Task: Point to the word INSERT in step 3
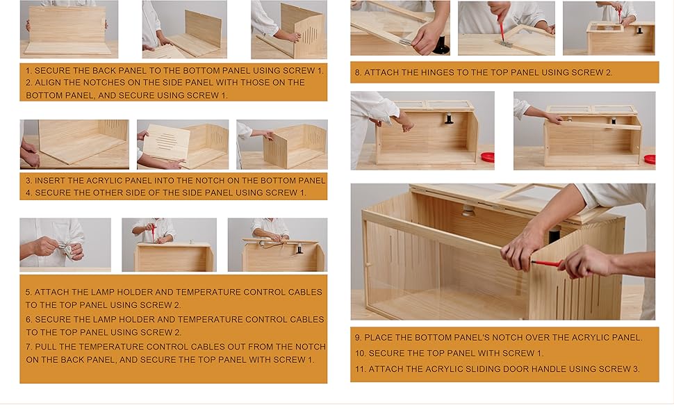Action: point(54,181)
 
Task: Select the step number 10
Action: point(360,353)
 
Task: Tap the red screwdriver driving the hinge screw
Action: point(501,31)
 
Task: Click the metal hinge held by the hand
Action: point(405,42)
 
